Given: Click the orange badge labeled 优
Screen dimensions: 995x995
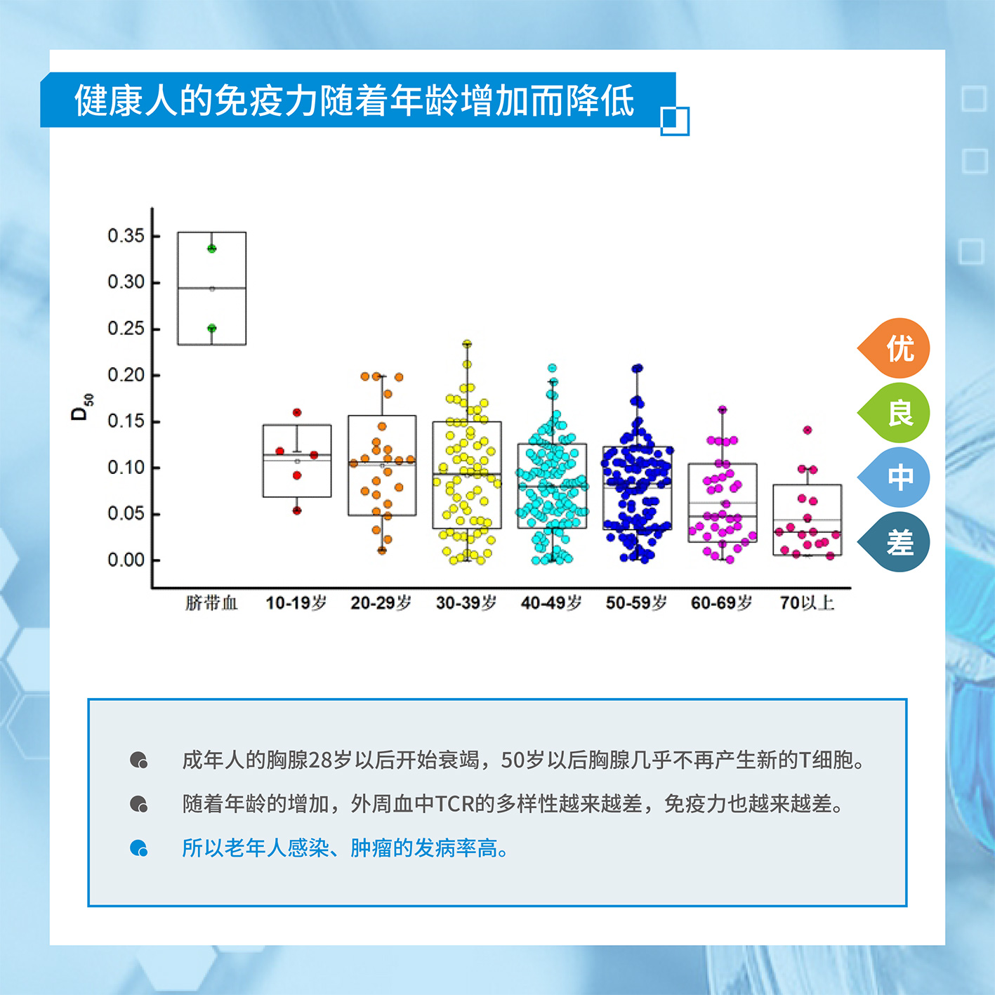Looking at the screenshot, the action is pos(895,348).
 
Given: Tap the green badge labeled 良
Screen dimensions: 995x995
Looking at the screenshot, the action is pos(895,413).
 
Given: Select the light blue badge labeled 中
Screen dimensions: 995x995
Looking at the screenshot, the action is pos(895,477).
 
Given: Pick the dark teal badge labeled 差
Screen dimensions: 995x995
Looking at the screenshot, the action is pos(895,542).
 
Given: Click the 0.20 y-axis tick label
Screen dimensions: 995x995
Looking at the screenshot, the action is pos(126,375).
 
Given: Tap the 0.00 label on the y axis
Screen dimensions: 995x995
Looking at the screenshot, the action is pos(126,560).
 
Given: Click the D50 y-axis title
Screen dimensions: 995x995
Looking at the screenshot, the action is pos(81,407).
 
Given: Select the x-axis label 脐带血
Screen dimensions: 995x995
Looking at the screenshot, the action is pos(211,602).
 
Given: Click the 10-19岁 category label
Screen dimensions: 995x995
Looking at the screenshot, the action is pos(296,602).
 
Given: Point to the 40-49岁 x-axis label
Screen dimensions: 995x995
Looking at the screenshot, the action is pos(551,602).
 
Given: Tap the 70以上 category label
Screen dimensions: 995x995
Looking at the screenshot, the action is pos(807,602).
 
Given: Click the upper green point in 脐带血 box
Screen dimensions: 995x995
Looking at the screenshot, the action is pos(211,249).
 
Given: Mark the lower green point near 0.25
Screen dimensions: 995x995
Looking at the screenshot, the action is pos(211,328).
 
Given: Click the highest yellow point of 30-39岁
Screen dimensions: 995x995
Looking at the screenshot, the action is pos(467,343).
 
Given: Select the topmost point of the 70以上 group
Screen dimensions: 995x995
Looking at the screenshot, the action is pos(808,430).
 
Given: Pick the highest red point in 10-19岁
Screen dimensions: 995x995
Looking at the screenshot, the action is pos(297,413).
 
